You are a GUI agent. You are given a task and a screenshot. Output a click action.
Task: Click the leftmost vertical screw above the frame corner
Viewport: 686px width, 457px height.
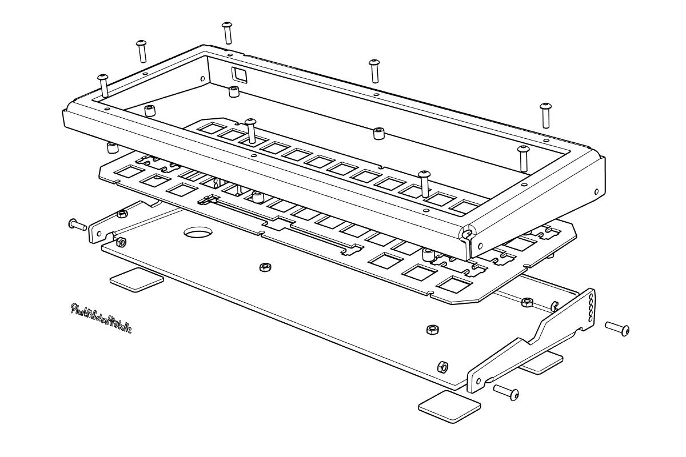tap(103, 86)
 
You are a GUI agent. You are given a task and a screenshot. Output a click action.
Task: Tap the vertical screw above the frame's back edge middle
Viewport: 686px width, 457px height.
tap(374, 70)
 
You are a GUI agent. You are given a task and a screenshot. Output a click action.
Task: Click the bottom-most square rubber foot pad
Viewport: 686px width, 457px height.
tap(450, 407)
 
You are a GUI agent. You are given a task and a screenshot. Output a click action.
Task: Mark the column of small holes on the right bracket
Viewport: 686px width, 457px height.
tap(591, 308)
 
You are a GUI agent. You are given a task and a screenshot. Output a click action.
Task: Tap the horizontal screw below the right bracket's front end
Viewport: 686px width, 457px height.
tap(506, 392)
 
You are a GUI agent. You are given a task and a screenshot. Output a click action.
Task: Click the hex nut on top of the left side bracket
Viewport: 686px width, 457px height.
tap(121, 214)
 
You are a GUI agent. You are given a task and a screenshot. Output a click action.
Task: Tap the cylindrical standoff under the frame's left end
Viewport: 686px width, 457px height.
tap(112, 148)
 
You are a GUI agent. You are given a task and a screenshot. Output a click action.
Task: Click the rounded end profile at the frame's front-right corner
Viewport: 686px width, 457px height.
tap(467, 234)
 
